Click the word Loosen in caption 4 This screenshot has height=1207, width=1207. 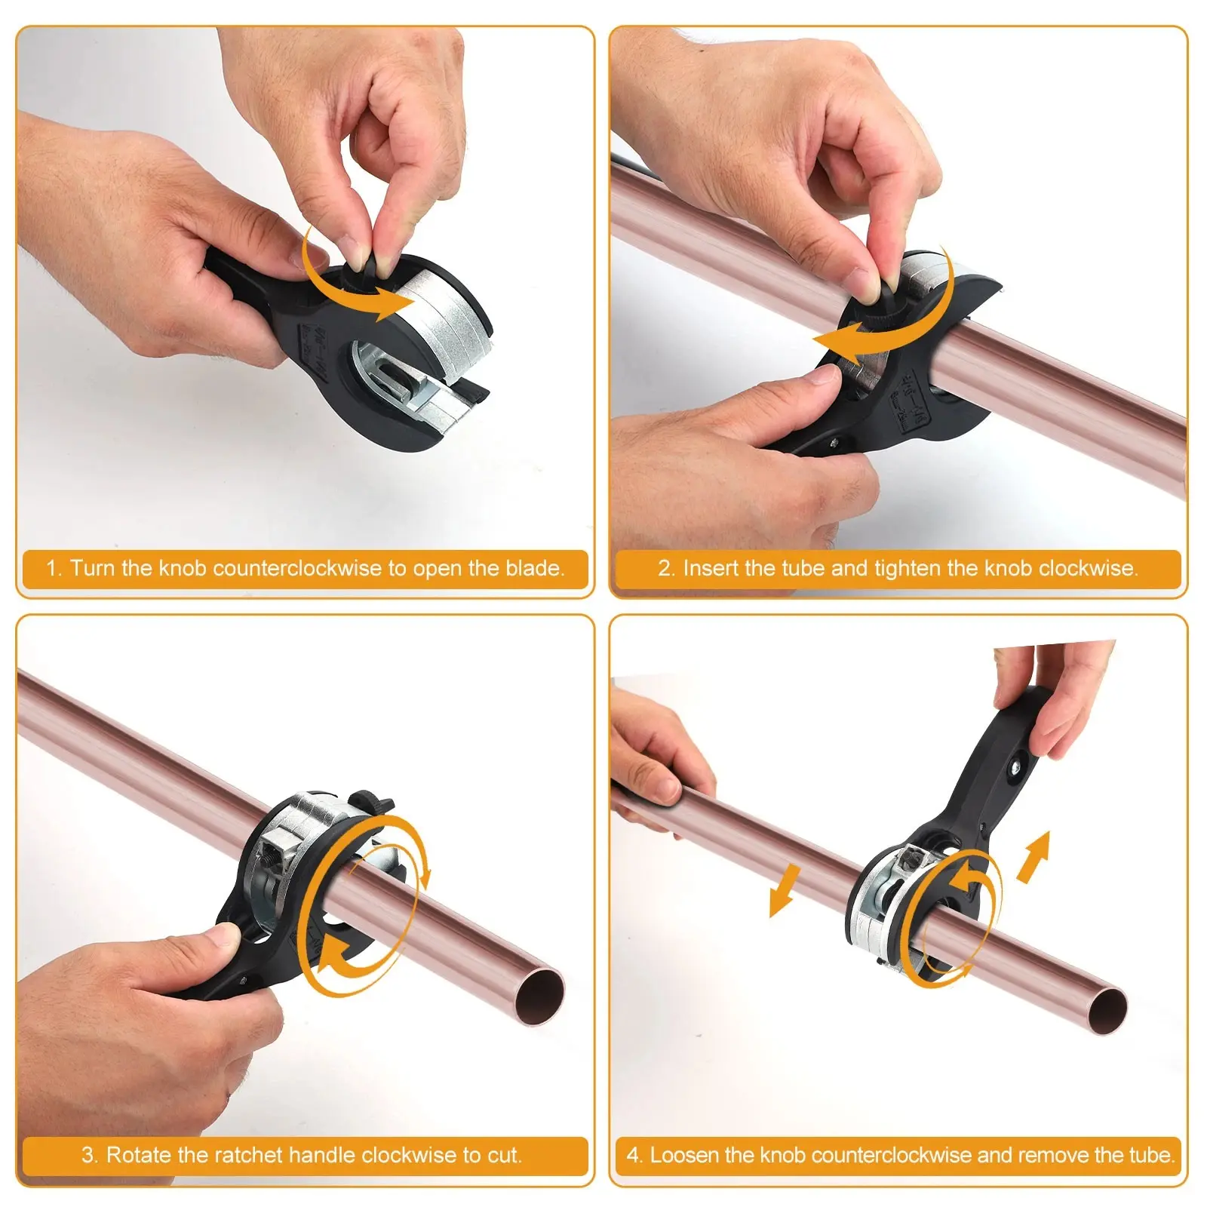tap(680, 1155)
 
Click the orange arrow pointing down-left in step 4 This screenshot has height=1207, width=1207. tap(785, 891)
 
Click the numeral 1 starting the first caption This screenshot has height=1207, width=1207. tap(52, 568)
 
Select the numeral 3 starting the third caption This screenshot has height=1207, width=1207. tap(89, 1155)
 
